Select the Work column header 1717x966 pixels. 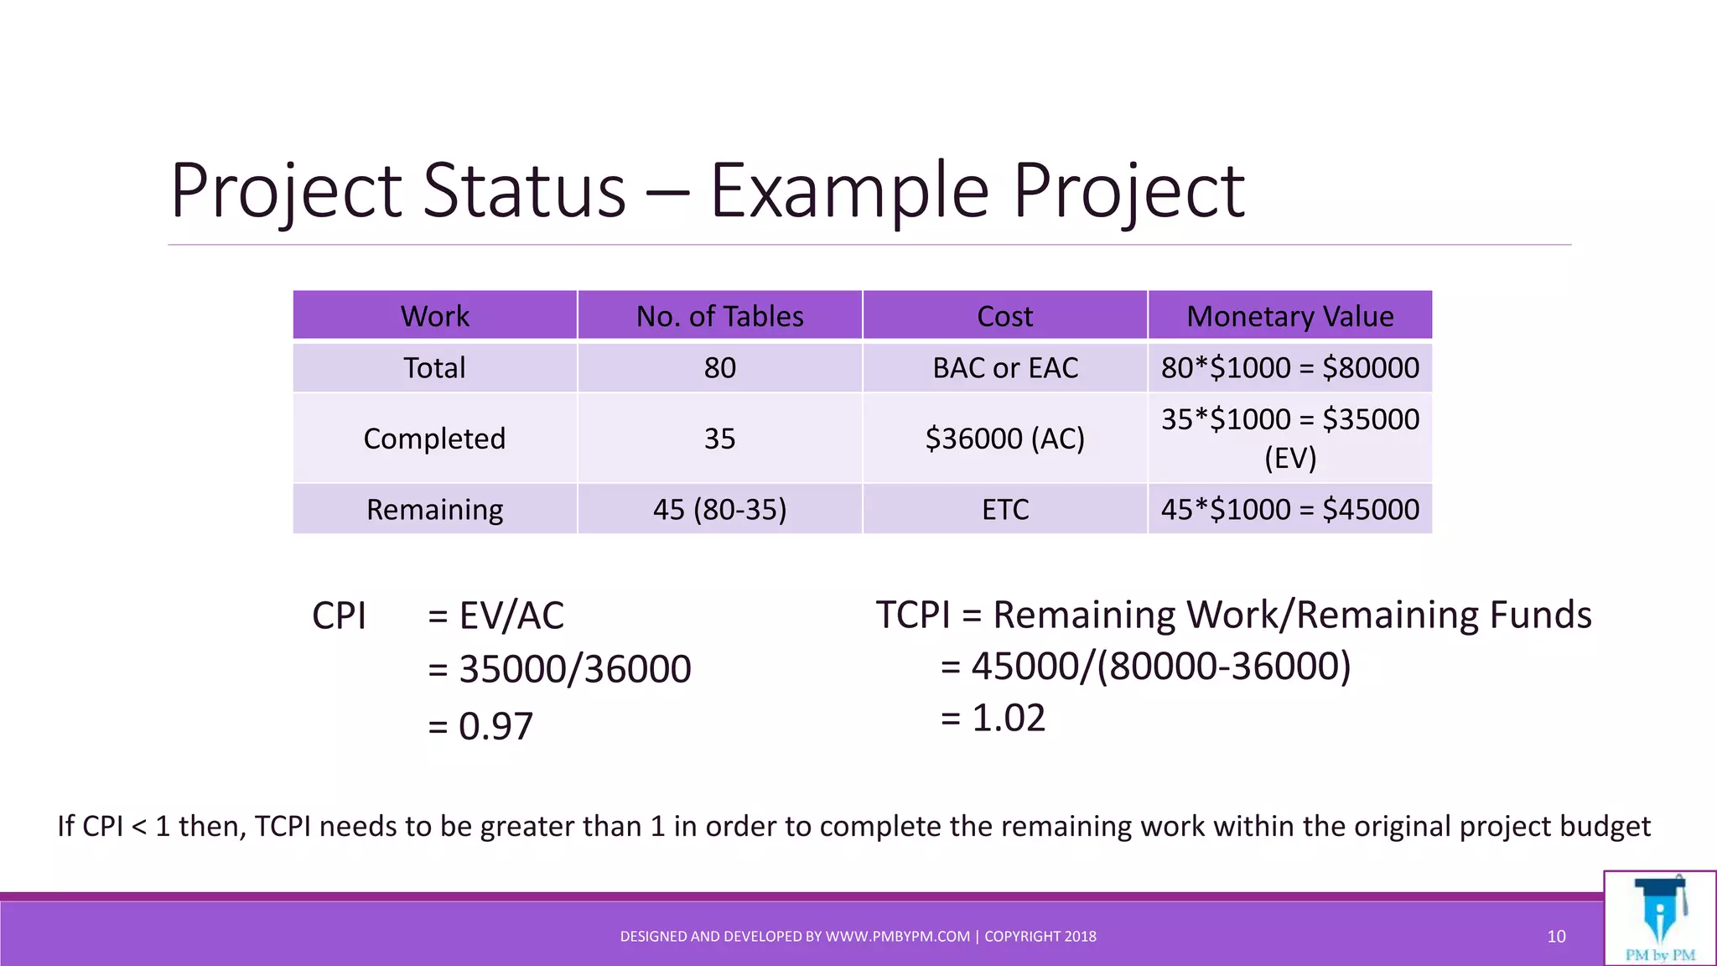(434, 316)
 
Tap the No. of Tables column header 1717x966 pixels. (719, 316)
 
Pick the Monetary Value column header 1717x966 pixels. (1289, 316)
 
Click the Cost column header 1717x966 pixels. (1004, 316)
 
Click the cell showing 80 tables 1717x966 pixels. (719, 368)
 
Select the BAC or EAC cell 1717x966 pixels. (1004, 368)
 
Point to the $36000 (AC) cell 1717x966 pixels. (1004, 439)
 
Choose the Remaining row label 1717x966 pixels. (434, 510)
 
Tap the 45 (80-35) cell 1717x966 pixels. (719, 510)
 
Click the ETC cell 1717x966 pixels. (1004, 510)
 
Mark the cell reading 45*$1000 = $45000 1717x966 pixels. (1289, 510)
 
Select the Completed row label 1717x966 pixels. (434, 439)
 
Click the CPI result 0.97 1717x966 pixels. (495, 726)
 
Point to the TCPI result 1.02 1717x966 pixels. (1008, 719)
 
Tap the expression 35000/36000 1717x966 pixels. (574, 670)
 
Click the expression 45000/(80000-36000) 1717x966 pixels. (1160, 667)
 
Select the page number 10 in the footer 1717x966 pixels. (1556, 937)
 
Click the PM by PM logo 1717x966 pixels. (1659, 918)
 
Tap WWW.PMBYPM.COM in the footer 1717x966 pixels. (897, 937)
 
